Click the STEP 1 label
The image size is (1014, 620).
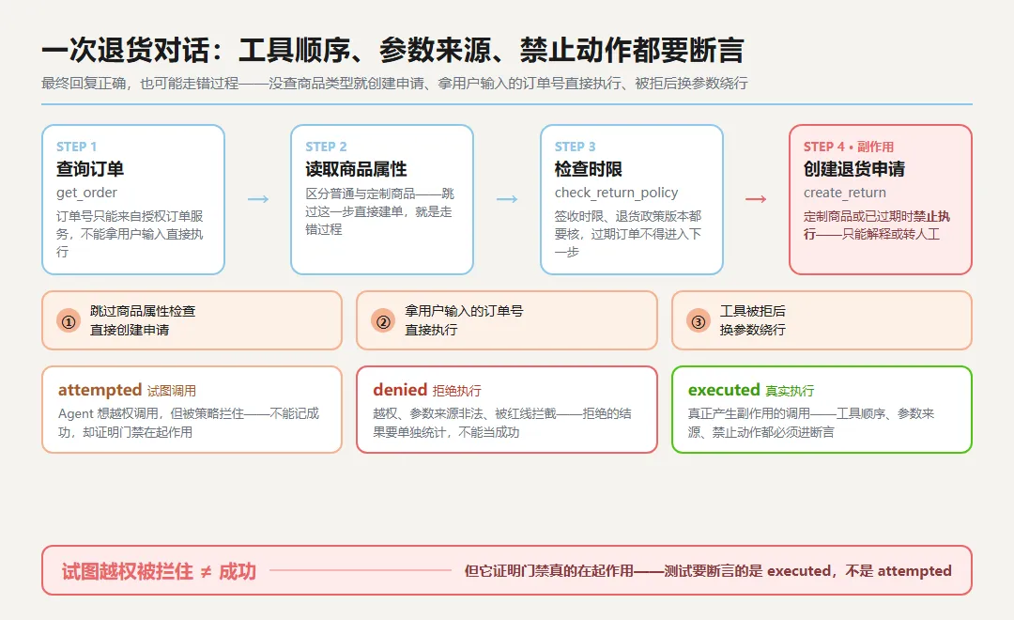[76, 147]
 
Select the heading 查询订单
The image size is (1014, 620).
[90, 169]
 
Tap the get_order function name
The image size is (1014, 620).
[86, 193]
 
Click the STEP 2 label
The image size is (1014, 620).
[326, 147]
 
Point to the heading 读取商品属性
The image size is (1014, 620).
[357, 169]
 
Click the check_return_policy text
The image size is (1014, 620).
[616, 193]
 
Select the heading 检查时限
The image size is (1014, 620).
[589, 169]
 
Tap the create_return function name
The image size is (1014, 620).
[845, 193]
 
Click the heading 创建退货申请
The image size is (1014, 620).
[854, 169]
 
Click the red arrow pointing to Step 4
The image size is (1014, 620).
[756, 199]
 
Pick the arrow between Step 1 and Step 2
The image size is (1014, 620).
[258, 199]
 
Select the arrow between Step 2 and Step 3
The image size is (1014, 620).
[507, 199]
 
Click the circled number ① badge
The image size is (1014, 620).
[69, 321]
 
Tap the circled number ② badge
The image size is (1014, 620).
[383, 321]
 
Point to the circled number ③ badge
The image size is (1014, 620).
[699, 321]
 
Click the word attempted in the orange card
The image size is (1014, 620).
[100, 390]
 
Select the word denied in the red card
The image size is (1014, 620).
[400, 390]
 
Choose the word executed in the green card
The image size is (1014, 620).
[724, 390]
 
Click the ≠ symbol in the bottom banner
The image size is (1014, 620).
[206, 571]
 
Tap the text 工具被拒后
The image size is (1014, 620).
[753, 311]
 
